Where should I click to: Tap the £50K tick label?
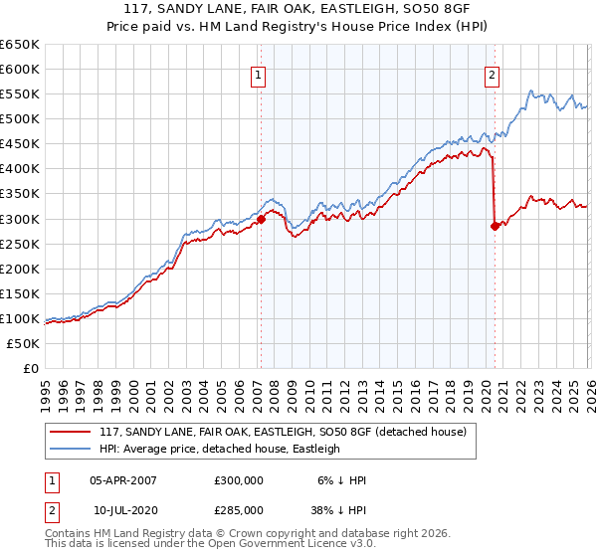24,343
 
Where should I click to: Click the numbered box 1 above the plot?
259,74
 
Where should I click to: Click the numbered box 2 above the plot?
493,74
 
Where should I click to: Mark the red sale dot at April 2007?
261,219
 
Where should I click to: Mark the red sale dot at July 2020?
495,226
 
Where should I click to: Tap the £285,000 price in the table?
239,509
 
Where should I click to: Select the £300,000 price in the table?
239,480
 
